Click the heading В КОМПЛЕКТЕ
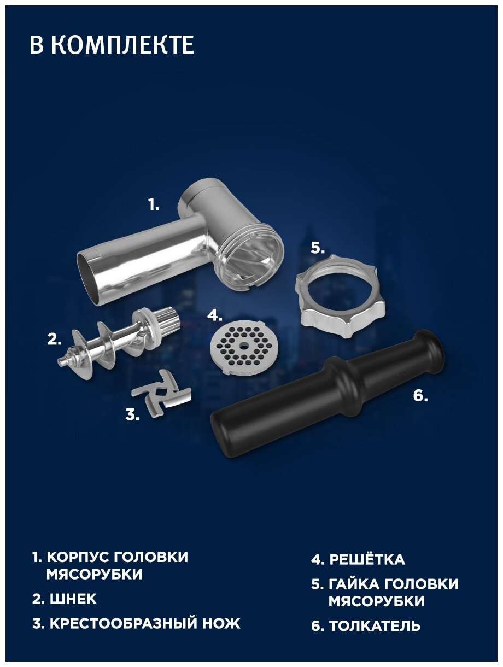pos(112,45)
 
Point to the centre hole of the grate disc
pos(243,346)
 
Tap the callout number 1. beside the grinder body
pos(154,205)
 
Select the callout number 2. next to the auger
pos(54,340)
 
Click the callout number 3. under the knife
pos(132,415)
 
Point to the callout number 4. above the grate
pos(214,315)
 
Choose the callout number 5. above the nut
pos(318,248)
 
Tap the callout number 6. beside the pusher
pos(420,396)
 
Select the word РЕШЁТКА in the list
pos(367,551)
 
